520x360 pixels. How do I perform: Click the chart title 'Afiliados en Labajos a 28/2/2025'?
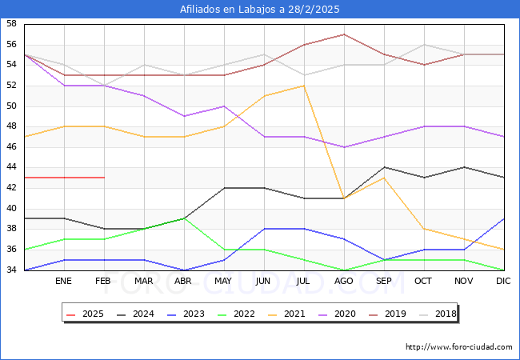pyautogui.click(x=260, y=10)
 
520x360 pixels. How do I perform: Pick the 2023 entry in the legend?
pyautogui.click(x=187, y=314)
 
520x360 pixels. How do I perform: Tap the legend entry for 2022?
pyautogui.click(x=237, y=314)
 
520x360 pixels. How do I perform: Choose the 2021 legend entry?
pyautogui.click(x=286, y=314)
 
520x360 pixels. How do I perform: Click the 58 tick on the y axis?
pyautogui.click(x=11, y=24)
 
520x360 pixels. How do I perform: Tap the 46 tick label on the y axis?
pyautogui.click(x=11, y=147)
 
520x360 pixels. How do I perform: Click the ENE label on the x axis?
pyautogui.click(x=64, y=282)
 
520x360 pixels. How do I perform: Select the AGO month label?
pyautogui.click(x=344, y=282)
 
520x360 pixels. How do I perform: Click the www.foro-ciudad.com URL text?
pyautogui.click(x=459, y=347)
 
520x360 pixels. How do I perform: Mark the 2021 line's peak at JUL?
pyautogui.click(x=304, y=86)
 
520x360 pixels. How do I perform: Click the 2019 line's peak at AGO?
pyautogui.click(x=344, y=34)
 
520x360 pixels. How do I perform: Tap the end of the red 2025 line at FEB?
pyautogui.click(x=104, y=178)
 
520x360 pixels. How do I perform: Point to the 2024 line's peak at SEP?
pyautogui.click(x=384, y=167)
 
